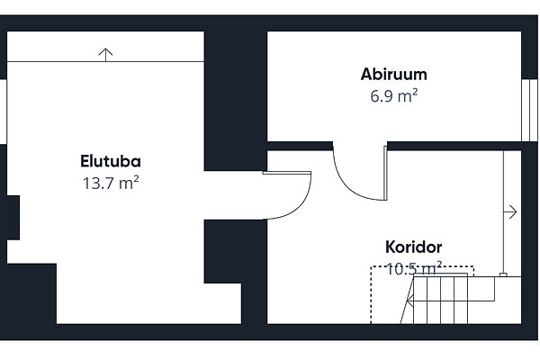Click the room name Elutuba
click(110, 162)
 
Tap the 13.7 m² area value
click(110, 182)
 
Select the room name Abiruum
click(393, 75)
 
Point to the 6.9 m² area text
click(393, 94)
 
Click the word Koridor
click(413, 247)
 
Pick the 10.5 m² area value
click(413, 267)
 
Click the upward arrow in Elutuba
click(106, 54)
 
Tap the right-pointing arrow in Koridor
click(511, 212)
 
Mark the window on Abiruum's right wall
click(528, 110)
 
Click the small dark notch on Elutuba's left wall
click(11, 216)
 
